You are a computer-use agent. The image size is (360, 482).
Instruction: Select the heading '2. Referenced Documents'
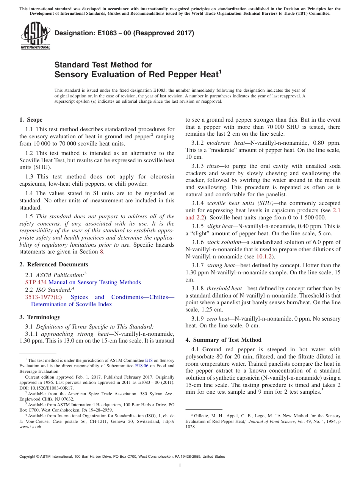[54, 264]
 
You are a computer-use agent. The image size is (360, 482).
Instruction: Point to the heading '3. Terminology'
[40, 317]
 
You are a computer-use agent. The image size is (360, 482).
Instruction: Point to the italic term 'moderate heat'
[226, 142]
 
